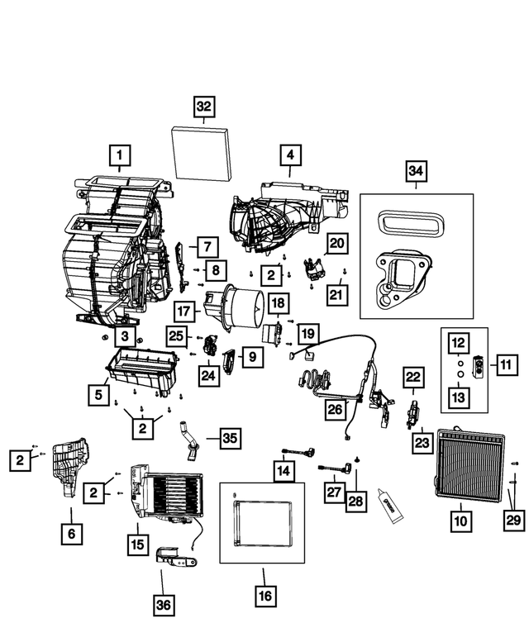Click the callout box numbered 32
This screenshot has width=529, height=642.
pyautogui.click(x=204, y=107)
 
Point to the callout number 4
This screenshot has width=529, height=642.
pyautogui.click(x=289, y=155)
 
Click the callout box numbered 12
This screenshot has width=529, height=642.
pyautogui.click(x=459, y=341)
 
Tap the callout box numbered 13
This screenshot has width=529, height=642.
pyautogui.click(x=459, y=397)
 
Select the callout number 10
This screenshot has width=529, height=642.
pyautogui.click(x=460, y=521)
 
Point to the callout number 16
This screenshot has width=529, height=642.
pyautogui.click(x=264, y=595)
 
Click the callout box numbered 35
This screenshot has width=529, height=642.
pyautogui.click(x=229, y=439)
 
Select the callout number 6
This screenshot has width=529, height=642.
pyautogui.click(x=71, y=534)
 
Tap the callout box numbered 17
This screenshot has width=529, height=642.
pyautogui.click(x=184, y=311)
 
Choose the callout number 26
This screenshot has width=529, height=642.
pyautogui.click(x=336, y=408)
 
